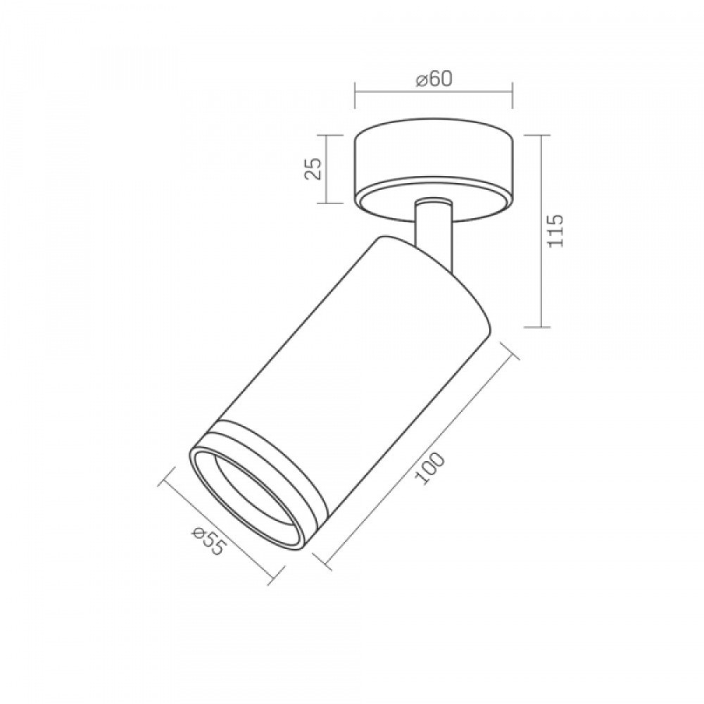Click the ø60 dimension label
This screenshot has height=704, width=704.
coord(434,80)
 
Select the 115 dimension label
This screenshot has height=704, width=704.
coord(555,230)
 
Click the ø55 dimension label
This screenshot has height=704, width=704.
coord(209,540)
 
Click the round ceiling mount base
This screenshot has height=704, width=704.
coord(433,170)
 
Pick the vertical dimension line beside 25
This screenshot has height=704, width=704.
coord(327,169)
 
